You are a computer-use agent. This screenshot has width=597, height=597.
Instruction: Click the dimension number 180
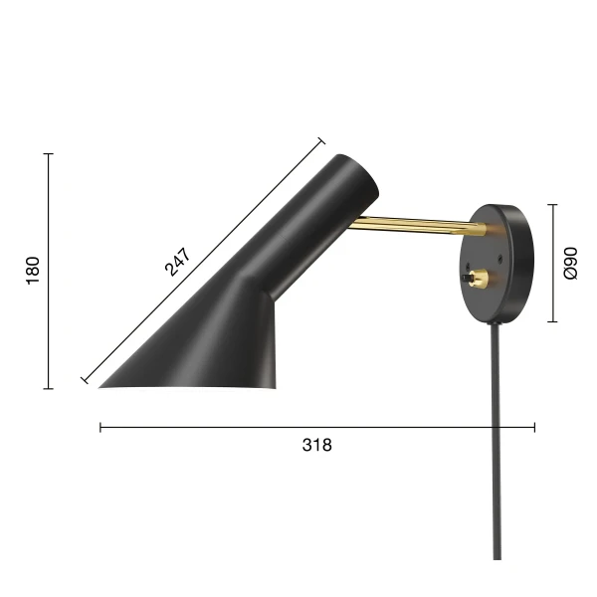pos(33,271)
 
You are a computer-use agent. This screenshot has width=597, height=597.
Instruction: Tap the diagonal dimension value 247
pos(177,261)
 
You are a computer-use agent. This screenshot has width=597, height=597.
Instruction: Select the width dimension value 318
pos(316,445)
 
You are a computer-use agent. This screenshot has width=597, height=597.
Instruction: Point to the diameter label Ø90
pos(570,264)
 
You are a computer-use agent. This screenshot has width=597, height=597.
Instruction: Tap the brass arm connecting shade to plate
pos(418,227)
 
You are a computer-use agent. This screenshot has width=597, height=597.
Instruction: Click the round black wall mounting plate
pos(502,264)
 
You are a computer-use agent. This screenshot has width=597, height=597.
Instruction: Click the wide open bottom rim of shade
pos(189,385)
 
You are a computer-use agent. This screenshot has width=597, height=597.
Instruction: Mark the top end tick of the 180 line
pos(48,154)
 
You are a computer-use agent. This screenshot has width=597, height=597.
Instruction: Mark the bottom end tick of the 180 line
pos(48,388)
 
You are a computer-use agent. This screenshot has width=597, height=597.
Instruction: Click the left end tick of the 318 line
pos(100,428)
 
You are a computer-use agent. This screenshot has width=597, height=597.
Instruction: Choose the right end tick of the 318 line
pos(535,428)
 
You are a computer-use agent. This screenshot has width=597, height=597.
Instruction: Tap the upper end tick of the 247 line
pos(321,141)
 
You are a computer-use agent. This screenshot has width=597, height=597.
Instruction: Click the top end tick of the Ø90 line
pos(553,205)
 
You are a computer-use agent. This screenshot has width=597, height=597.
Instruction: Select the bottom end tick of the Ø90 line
pos(553,322)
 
